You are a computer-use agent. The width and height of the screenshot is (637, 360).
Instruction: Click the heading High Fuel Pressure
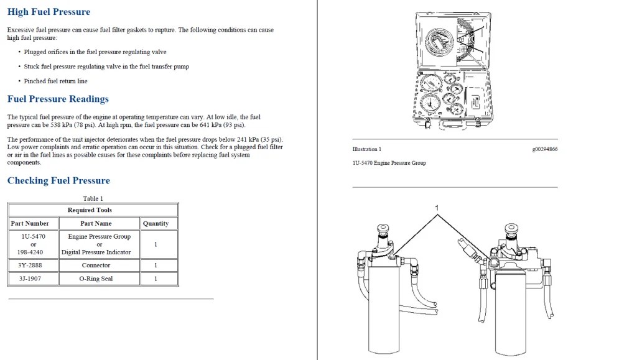pyautogui.click(x=49, y=12)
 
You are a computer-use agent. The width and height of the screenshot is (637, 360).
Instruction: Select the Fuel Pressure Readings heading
pyautogui.click(x=58, y=99)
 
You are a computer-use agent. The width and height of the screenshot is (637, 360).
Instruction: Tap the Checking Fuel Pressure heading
pyautogui.click(x=58, y=181)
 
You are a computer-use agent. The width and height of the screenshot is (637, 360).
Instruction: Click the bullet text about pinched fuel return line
pyautogui.click(x=55, y=81)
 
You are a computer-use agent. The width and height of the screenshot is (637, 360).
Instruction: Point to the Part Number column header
pyautogui.click(x=30, y=223)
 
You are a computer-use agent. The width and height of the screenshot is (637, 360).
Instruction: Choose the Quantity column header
pyautogui.click(x=156, y=223)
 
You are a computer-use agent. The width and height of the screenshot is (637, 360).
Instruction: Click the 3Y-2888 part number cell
pyautogui.click(x=30, y=265)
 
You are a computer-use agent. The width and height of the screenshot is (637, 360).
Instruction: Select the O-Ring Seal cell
pyautogui.click(x=96, y=279)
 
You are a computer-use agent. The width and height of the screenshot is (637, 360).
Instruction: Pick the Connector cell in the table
pyautogui.click(x=96, y=265)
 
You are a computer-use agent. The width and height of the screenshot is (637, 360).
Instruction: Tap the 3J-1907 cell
pyautogui.click(x=30, y=279)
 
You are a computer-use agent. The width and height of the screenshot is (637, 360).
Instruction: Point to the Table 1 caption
pyautogui.click(x=93, y=198)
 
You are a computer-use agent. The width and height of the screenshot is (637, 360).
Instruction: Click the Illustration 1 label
pyautogui.click(x=366, y=149)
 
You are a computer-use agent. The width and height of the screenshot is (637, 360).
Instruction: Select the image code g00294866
pyautogui.click(x=544, y=149)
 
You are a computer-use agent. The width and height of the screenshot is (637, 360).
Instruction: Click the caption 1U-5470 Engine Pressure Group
pyautogui.click(x=389, y=163)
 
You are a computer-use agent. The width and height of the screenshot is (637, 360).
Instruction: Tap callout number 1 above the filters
pyautogui.click(x=437, y=208)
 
